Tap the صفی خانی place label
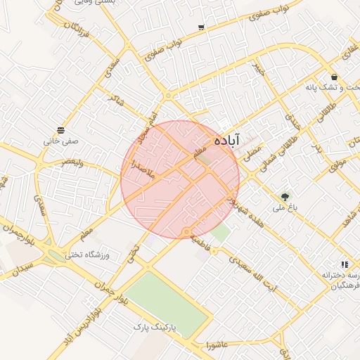pos(61,141)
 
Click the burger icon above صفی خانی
pos(61,130)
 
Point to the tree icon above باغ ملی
pos(285,198)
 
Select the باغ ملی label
pos(286,208)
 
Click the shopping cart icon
pos(202,27)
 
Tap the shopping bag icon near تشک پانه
pos(333,77)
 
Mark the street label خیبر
pos(260,70)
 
